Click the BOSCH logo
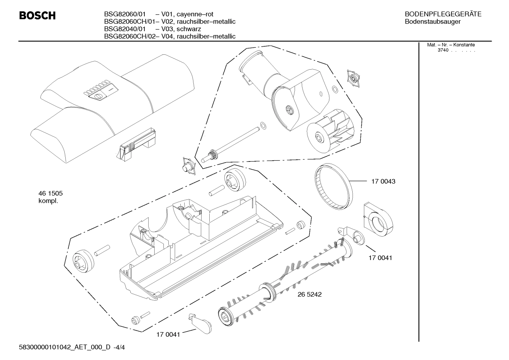(37, 16)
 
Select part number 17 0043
(383, 182)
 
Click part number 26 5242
(310, 294)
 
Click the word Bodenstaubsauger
(432, 22)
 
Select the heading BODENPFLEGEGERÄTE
(443, 14)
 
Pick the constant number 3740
(443, 50)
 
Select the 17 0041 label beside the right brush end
(380, 258)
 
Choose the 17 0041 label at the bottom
(168, 335)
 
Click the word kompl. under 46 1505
(48, 201)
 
